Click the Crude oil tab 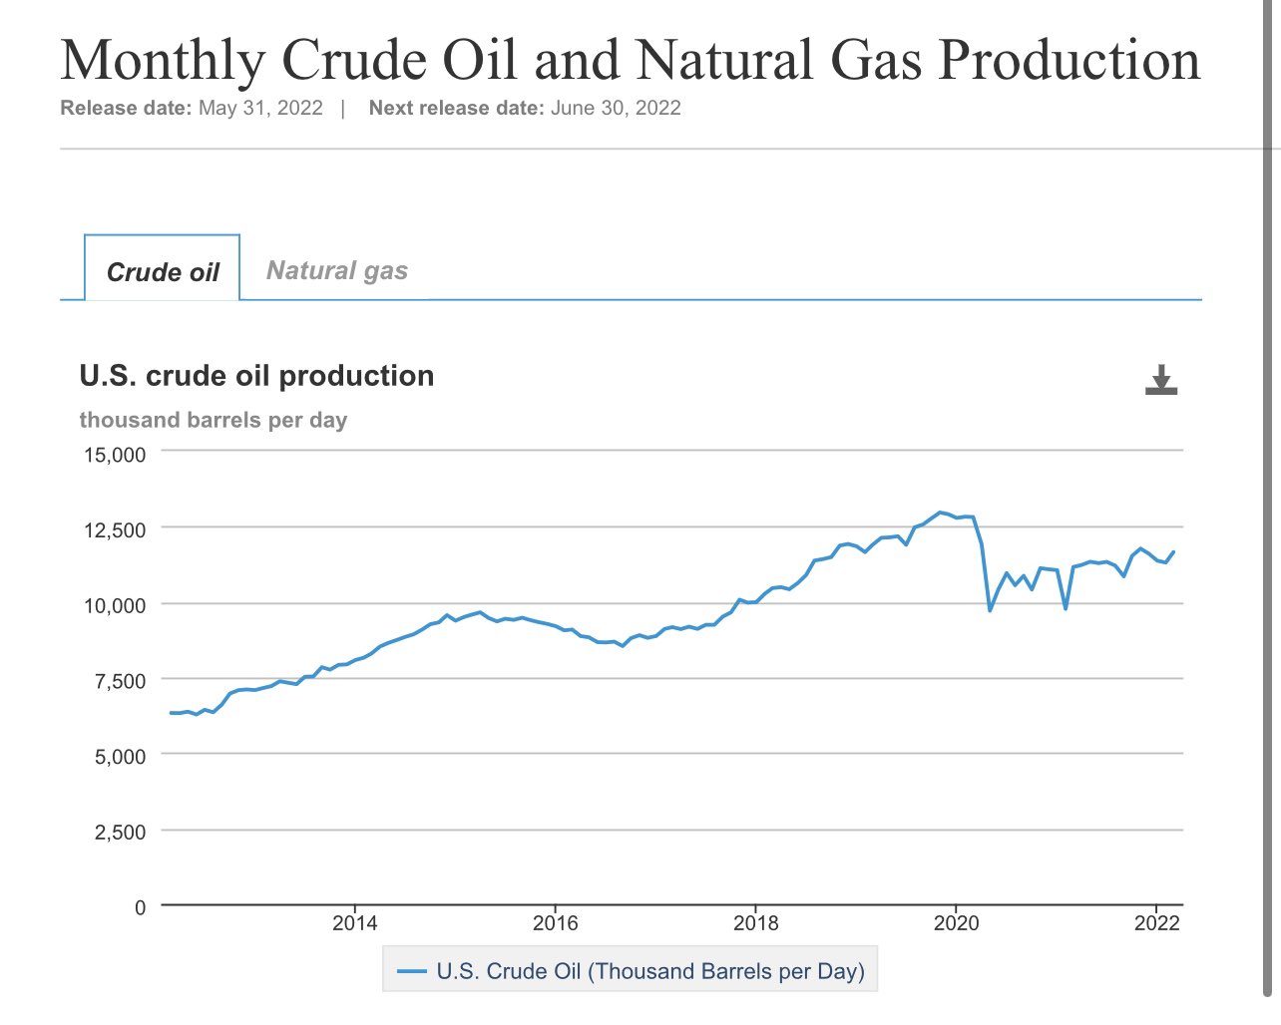click(x=163, y=272)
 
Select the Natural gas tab click(x=337, y=271)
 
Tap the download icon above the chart click(x=1161, y=380)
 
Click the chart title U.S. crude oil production click(x=256, y=376)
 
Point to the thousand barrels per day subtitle click(x=213, y=420)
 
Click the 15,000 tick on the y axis click(x=114, y=455)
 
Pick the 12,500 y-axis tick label click(x=114, y=529)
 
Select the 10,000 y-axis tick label click(x=114, y=605)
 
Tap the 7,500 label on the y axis click(x=120, y=681)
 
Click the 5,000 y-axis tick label click(x=120, y=757)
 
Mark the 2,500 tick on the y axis click(x=120, y=832)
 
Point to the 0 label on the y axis click(x=140, y=907)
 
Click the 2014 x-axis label click(x=354, y=922)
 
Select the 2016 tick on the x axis click(x=555, y=922)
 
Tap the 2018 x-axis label click(x=755, y=922)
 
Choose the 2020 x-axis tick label click(x=956, y=922)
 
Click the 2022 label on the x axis click(x=1156, y=922)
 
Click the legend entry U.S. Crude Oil click(x=631, y=971)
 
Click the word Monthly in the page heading click(x=163, y=60)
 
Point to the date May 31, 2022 click(x=260, y=108)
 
